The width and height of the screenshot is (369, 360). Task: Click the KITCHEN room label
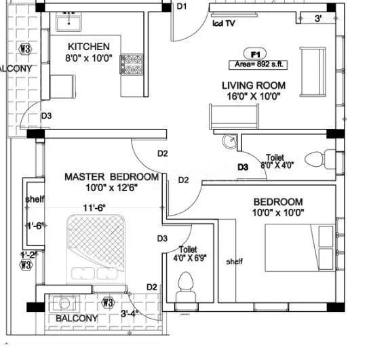[x=88, y=47]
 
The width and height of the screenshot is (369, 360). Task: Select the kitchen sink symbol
[x=69, y=23]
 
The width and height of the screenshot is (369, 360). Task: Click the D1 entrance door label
[x=181, y=7]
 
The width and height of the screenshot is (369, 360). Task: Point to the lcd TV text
[x=225, y=22]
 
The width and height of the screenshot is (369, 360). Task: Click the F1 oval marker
[x=256, y=53]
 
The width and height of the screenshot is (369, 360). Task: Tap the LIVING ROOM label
[x=253, y=85]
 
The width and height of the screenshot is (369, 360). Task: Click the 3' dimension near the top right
[x=318, y=19]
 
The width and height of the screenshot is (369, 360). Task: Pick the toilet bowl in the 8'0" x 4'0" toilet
[x=316, y=160]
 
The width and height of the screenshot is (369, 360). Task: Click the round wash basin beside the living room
[x=230, y=141]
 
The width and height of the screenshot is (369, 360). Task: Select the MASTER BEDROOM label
[x=111, y=177]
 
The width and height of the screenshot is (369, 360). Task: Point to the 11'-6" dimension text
[x=95, y=207]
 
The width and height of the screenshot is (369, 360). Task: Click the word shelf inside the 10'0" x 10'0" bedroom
[x=234, y=262]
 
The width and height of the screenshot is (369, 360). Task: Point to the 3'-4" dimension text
[x=130, y=313]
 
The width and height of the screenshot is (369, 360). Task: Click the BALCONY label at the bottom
[x=77, y=318]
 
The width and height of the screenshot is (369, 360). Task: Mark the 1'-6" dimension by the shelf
[x=34, y=226]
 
